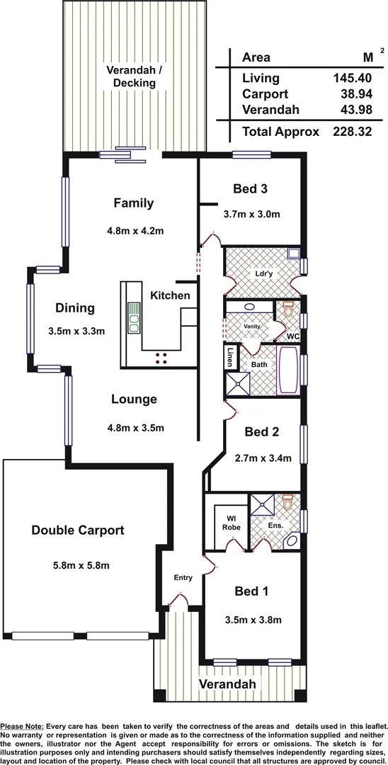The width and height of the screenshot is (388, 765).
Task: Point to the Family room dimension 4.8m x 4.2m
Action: pos(134,230)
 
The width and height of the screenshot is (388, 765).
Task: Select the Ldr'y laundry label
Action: pos(263,273)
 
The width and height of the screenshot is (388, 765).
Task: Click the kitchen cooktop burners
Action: pos(161,358)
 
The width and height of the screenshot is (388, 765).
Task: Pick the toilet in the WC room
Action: pos(287,310)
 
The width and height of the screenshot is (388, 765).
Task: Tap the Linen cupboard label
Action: pos(230,358)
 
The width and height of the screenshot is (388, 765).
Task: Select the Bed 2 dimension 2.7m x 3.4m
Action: pos(263,458)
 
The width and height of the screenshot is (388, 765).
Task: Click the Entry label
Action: pos(183,578)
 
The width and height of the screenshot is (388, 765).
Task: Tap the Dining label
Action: pos(76,308)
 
